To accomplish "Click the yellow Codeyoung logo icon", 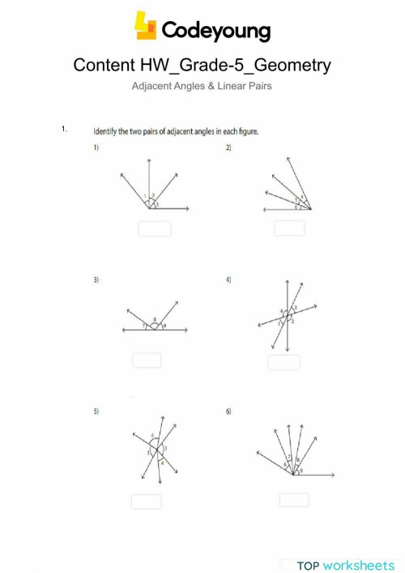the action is click(146, 27).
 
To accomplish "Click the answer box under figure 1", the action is click(155, 229).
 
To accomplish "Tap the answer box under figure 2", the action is click(289, 229).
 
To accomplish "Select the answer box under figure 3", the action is click(147, 361).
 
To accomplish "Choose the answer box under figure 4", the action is click(284, 362).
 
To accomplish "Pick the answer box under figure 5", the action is click(146, 502).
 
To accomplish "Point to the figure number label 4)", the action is click(229, 280).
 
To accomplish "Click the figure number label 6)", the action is click(229, 412).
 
